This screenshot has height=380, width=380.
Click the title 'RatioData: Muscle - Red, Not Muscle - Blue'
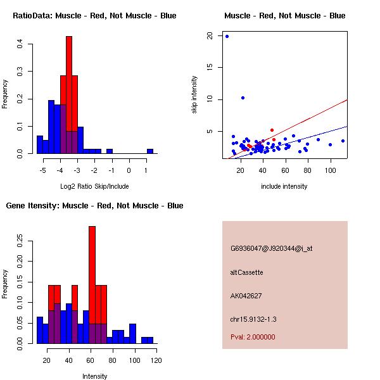click(95, 16)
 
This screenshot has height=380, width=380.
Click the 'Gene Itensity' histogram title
click(95, 206)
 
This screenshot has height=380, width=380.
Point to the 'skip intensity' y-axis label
click(194, 95)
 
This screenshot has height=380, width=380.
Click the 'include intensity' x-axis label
click(284, 186)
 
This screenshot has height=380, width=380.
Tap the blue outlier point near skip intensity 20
click(227, 36)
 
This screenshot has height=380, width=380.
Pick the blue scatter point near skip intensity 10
click(243, 98)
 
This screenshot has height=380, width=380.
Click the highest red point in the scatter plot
click(272, 130)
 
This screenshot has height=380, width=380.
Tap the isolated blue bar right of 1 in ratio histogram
click(150, 151)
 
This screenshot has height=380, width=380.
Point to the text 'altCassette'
click(246, 272)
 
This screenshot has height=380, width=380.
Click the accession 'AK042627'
click(246, 296)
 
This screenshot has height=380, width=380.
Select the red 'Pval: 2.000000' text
click(253, 337)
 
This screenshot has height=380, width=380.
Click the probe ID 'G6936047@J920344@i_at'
click(271, 248)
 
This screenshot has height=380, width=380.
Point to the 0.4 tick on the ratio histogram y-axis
click(21, 44)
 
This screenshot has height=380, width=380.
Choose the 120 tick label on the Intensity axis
click(156, 360)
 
